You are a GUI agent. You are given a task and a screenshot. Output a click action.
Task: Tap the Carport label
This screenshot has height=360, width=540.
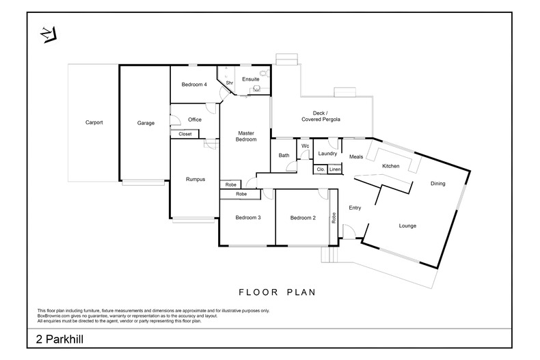point(94,123)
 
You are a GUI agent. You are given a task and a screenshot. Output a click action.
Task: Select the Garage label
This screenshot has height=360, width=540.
point(146,123)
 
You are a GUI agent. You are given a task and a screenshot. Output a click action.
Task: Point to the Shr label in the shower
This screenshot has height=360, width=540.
point(230,83)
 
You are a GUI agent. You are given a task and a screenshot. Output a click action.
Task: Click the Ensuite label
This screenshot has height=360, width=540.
point(251,79)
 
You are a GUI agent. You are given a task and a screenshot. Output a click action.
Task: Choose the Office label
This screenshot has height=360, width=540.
point(195,120)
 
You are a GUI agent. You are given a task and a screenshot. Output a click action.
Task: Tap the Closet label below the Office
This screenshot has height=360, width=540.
point(185,134)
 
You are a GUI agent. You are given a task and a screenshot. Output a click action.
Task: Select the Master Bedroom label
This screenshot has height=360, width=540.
point(247,136)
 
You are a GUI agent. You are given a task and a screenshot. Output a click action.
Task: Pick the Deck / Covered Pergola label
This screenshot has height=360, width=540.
point(321,116)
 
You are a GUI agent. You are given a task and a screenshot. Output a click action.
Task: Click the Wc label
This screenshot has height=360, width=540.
point(306,146)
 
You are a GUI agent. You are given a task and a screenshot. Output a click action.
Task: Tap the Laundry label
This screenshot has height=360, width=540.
point(327,154)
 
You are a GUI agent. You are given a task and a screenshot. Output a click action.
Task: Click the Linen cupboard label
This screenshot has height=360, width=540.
point(334,169)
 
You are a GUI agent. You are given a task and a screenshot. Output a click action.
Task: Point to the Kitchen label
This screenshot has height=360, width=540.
point(390,166)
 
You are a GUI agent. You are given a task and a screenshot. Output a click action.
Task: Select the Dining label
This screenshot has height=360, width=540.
point(437,183)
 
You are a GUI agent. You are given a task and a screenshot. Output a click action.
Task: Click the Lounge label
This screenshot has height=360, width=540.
point(407,225)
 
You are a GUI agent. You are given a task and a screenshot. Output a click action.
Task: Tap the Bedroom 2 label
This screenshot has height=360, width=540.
point(302,218)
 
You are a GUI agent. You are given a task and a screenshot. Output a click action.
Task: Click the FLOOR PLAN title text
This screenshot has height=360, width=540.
point(276,292)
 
